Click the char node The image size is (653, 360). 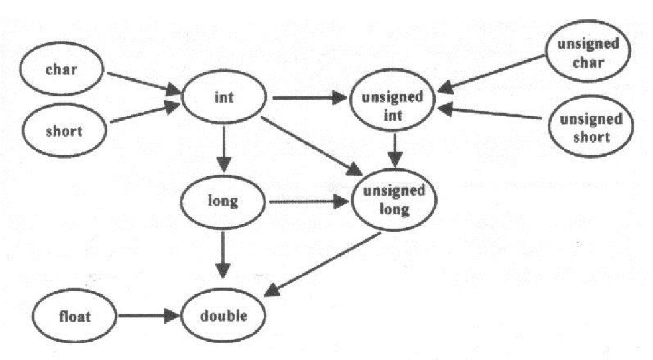click(61, 69)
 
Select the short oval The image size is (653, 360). click(64, 130)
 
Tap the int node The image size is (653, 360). click(224, 97)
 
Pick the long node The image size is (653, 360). click(223, 202)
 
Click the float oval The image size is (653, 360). click(74, 316)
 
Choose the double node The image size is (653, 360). click(224, 316)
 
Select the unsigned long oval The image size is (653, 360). click(394, 199)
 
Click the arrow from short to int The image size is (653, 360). click(145, 112)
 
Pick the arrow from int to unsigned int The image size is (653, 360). click(310, 98)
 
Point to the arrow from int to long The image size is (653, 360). click(224, 149)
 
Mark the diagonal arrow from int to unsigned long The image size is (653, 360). click(312, 146)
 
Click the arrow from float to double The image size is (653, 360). click(149, 316)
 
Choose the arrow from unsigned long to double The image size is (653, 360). click(322, 264)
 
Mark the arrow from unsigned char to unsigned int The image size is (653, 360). click(491, 74)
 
